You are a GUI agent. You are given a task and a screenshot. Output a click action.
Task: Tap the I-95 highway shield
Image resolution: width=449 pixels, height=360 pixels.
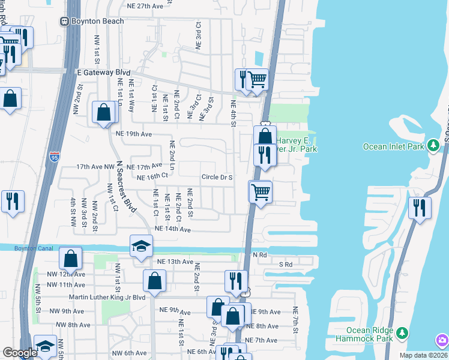[x=53, y=158]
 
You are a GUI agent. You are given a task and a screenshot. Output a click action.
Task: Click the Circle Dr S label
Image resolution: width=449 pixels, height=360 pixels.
[x=217, y=177]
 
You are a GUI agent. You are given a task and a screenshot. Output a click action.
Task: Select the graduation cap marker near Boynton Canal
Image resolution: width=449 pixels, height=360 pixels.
[x=141, y=245]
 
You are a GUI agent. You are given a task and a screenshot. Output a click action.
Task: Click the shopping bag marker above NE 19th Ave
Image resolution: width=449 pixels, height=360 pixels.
[x=103, y=112]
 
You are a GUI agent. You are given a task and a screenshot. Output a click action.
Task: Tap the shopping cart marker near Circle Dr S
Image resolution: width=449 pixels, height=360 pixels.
[x=261, y=192]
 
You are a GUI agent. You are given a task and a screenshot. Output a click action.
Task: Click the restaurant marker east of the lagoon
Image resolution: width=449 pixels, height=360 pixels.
[x=419, y=207]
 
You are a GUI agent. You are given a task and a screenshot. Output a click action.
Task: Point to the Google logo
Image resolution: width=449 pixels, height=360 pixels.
[x=20, y=353]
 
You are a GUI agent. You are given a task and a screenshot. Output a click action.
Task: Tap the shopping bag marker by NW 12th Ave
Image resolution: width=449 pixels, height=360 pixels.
[x=70, y=259]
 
